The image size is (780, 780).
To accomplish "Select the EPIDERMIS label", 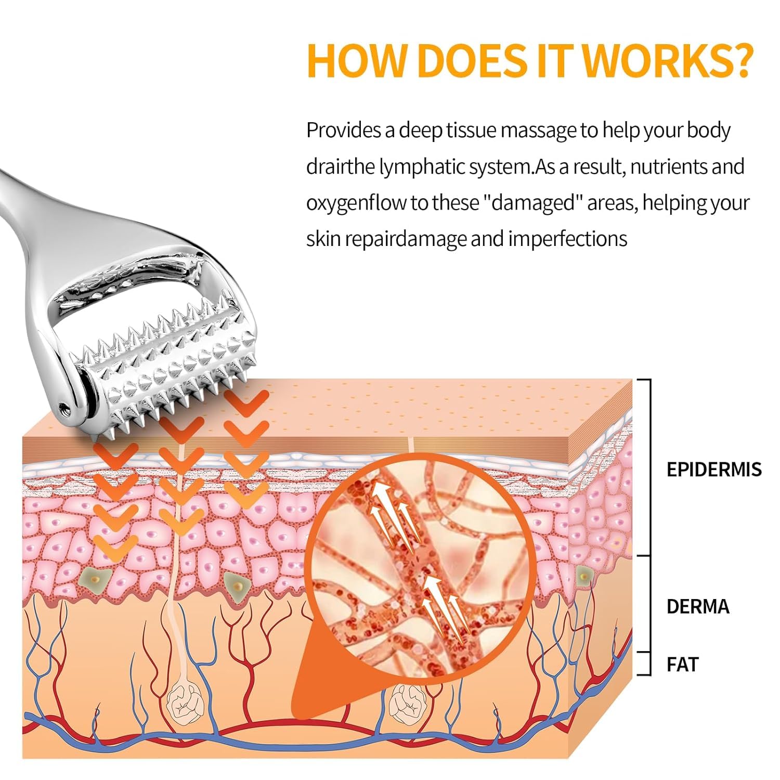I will [714, 469].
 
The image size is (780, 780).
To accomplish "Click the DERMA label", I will [698, 606].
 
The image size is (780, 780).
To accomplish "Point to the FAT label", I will [682, 664].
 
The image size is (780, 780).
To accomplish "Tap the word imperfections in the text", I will [567, 239].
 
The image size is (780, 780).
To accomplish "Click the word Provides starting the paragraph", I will [344, 130].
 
